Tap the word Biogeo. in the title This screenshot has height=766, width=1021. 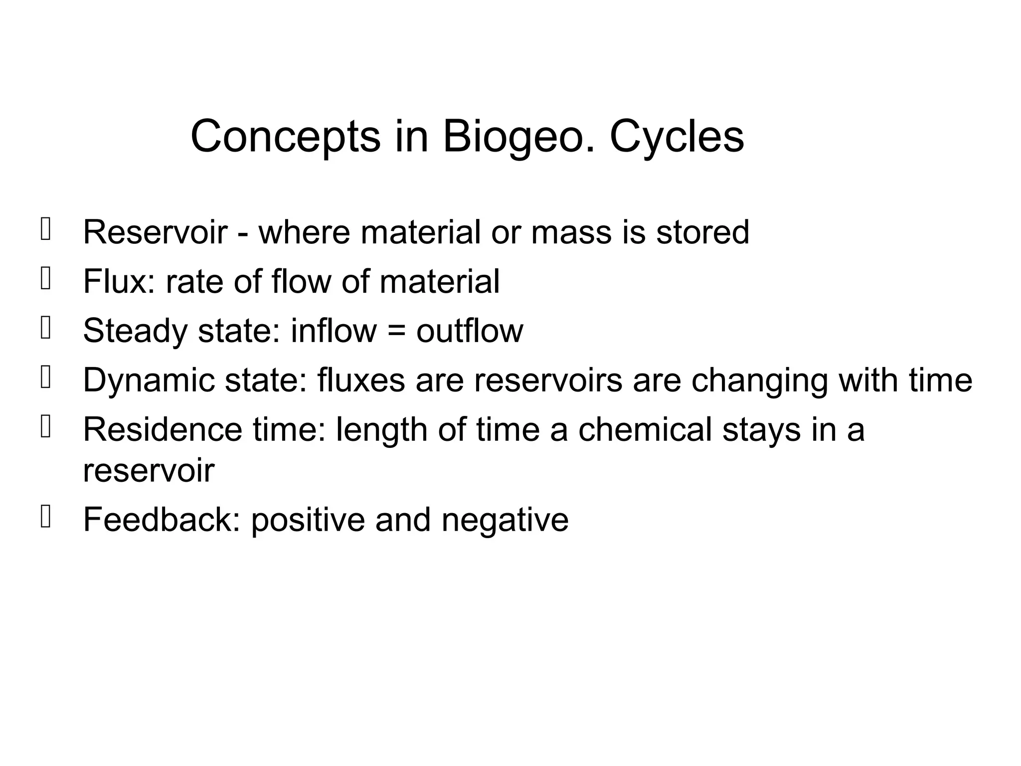(519, 137)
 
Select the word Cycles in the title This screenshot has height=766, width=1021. (677, 137)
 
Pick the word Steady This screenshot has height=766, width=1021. (135, 331)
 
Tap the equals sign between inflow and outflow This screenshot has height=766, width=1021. (396, 332)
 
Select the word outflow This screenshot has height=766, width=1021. (470, 331)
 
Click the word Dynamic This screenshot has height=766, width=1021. (149, 381)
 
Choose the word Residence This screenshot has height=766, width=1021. (163, 429)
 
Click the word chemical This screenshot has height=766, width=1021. (645, 429)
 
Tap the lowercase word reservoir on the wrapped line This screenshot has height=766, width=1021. (149, 470)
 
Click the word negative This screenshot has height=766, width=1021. (505, 520)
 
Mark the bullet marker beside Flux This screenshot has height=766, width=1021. (45, 279)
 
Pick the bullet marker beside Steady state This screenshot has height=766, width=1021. (45, 328)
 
